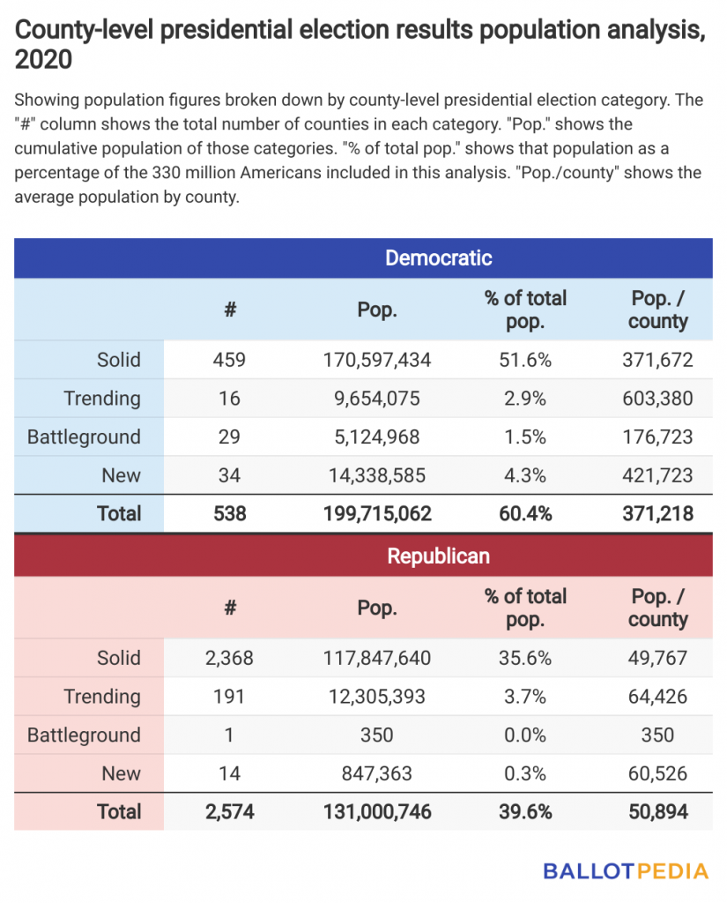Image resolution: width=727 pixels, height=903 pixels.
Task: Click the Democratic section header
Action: pyautogui.click(x=438, y=258)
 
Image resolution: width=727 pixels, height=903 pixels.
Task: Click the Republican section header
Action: pyautogui.click(x=438, y=556)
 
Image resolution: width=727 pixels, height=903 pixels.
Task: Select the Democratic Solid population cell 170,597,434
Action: pyautogui.click(x=376, y=360)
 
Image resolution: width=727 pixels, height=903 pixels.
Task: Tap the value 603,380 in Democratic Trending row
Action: pyautogui.click(x=657, y=399)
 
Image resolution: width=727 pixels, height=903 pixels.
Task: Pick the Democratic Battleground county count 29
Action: pyautogui.click(x=229, y=437)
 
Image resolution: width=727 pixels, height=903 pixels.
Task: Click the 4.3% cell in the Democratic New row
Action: pyautogui.click(x=525, y=475)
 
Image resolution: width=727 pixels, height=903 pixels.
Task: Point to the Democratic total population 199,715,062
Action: pyautogui.click(x=377, y=514)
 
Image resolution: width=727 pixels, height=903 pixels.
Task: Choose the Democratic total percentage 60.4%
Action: pyautogui.click(x=525, y=514)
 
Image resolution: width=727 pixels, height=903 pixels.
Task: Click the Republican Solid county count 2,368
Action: pyautogui.click(x=229, y=658)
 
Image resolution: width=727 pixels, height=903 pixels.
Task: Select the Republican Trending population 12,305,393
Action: pyautogui.click(x=376, y=697)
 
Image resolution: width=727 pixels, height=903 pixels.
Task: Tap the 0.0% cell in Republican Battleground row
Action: pyautogui.click(x=525, y=735)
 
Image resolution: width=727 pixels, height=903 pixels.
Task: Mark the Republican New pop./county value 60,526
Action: pyautogui.click(x=657, y=774)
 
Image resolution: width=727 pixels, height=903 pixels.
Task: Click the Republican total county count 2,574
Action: pyautogui.click(x=230, y=812)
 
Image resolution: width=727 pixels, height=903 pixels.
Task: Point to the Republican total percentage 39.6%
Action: pyautogui.click(x=525, y=812)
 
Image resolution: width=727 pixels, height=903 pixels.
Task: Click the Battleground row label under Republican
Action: pyautogui.click(x=84, y=735)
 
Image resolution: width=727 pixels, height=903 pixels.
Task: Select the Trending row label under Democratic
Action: pyautogui.click(x=102, y=399)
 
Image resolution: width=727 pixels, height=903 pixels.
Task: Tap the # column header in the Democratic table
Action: pyautogui.click(x=230, y=310)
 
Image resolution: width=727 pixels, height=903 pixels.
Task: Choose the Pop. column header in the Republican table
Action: pyautogui.click(x=377, y=608)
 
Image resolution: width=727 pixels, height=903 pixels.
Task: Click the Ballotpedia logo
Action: pyautogui.click(x=626, y=871)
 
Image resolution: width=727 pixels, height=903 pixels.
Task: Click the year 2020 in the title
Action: pyautogui.click(x=43, y=59)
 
